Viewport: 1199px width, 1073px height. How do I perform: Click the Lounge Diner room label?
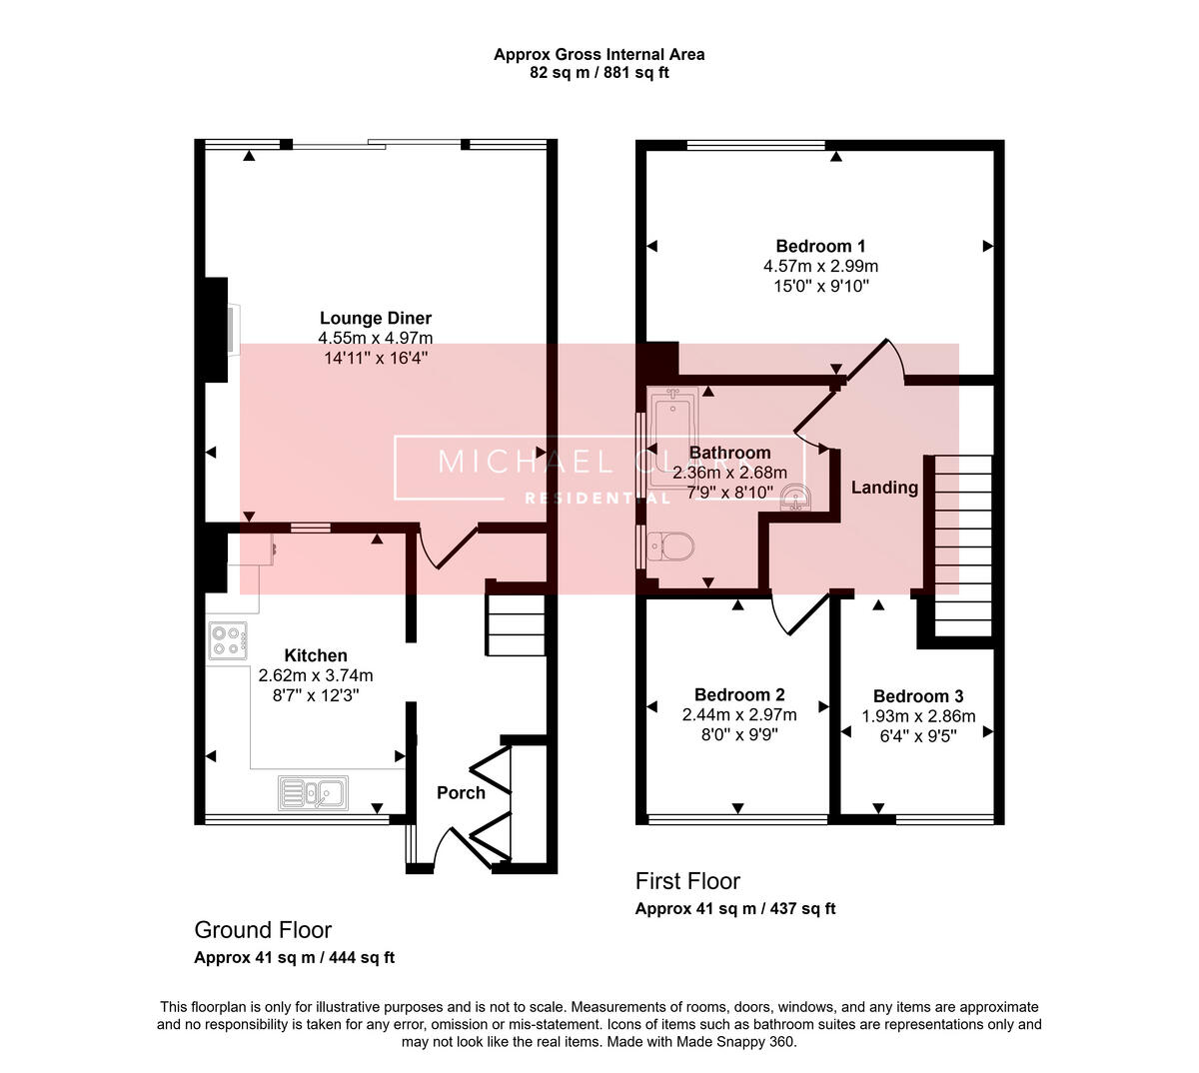click(x=376, y=318)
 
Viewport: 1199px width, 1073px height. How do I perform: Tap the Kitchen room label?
click(x=316, y=655)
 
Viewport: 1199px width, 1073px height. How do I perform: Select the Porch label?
click(x=461, y=792)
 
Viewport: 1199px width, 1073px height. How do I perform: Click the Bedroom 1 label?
click(x=820, y=246)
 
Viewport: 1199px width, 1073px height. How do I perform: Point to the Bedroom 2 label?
click(x=739, y=694)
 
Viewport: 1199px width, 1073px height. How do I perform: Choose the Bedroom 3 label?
click(x=918, y=696)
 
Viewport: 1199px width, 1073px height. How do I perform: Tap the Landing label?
click(x=884, y=488)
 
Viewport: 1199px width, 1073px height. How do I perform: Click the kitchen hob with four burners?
click(x=228, y=641)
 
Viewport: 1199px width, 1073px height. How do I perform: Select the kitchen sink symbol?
click(x=313, y=792)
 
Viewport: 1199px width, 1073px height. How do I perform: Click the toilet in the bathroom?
click(x=669, y=545)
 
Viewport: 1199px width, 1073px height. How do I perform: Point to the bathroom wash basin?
click(x=796, y=497)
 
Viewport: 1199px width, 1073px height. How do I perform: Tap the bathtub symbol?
click(x=674, y=437)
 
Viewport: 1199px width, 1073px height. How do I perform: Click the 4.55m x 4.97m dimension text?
click(x=376, y=338)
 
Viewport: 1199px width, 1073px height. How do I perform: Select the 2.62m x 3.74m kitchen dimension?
click(x=316, y=675)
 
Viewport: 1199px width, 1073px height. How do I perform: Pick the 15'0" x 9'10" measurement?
click(x=821, y=286)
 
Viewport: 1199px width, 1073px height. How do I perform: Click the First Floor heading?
click(x=687, y=881)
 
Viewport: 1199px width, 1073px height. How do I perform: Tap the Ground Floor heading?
click(x=263, y=930)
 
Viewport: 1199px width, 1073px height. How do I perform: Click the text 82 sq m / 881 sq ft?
click(x=599, y=73)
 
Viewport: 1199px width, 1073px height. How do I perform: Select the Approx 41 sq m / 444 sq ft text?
click(x=294, y=957)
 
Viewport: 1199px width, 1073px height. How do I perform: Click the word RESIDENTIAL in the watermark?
click(x=598, y=499)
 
